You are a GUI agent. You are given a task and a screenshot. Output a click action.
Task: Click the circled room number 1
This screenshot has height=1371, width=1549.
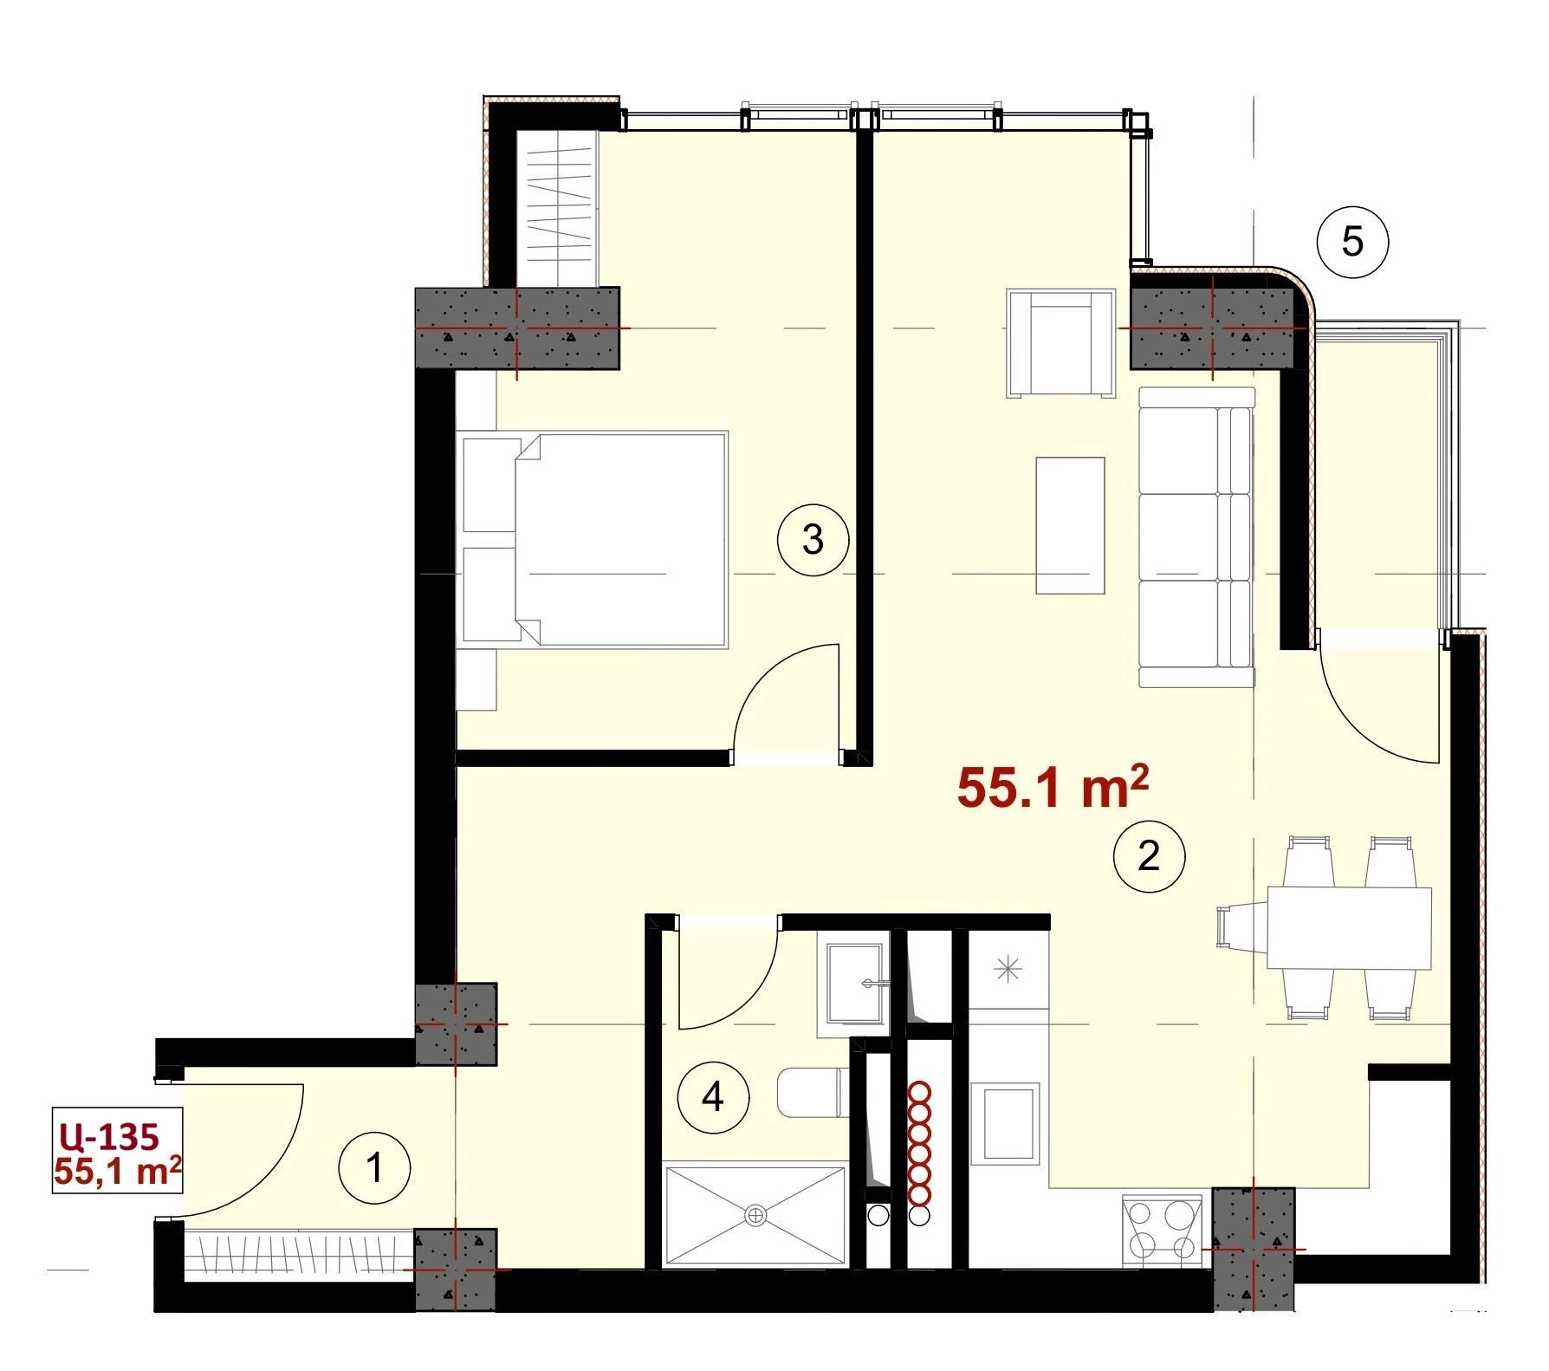(x=374, y=1167)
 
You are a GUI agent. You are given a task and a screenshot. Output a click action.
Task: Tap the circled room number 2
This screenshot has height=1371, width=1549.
(x=1149, y=855)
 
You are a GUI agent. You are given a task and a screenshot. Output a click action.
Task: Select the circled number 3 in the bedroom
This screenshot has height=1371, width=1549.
(x=813, y=539)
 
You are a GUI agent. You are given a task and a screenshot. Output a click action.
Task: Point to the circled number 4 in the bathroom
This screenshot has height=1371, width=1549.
(x=713, y=1097)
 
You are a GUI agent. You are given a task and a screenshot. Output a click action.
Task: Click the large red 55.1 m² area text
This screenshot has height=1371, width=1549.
(x=1053, y=787)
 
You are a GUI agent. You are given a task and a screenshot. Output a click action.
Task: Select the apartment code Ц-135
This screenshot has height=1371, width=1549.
(x=109, y=1135)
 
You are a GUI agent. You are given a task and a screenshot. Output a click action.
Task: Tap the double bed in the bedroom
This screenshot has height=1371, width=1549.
(x=594, y=539)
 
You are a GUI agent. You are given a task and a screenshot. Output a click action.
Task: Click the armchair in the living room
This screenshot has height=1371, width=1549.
(x=1060, y=343)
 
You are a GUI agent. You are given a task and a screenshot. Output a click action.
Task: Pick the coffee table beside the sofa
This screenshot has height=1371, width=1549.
(x=1071, y=525)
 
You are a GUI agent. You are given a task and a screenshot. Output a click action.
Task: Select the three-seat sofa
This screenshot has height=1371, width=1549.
(x=1196, y=537)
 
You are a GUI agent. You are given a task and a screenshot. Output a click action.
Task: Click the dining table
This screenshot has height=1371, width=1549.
(x=1349, y=927)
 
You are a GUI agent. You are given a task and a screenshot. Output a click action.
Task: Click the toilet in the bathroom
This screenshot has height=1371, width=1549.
(x=812, y=1092)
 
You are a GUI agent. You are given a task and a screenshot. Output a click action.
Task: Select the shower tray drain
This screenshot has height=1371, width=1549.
(x=756, y=1216)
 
